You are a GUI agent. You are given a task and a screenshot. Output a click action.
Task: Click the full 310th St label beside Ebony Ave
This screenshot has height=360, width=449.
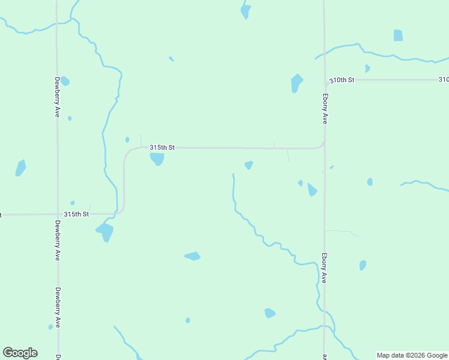[342, 80]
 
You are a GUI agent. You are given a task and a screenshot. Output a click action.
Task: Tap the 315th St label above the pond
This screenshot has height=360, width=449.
[162, 148]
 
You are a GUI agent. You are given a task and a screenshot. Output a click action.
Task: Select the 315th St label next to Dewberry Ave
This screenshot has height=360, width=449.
[76, 214]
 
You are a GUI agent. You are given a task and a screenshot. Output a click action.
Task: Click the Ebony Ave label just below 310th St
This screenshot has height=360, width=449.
[325, 109]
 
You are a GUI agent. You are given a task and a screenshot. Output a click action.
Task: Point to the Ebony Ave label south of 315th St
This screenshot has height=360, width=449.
[324, 267]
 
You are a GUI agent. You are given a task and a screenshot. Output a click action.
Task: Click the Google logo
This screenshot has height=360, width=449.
[20, 353]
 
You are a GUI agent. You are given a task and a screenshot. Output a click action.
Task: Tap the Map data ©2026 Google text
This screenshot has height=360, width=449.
[412, 355]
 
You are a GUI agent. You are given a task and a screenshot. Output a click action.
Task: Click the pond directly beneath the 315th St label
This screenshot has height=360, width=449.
[157, 159]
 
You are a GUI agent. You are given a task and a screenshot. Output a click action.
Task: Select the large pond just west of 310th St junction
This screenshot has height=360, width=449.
[296, 82]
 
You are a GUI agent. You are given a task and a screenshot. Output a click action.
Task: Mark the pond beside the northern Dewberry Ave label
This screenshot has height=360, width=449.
[65, 81]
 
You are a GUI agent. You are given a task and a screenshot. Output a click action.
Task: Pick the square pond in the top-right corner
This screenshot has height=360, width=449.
[398, 35]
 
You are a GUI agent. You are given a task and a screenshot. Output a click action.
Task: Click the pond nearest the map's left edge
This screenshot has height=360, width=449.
[20, 168]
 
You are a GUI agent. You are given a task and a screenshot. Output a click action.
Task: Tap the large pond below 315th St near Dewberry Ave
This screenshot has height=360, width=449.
[105, 231]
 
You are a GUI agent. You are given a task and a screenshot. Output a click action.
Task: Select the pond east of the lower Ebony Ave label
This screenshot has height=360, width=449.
[363, 265]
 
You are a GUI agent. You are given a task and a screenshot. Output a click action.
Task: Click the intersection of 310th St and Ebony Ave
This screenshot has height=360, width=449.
[325, 80]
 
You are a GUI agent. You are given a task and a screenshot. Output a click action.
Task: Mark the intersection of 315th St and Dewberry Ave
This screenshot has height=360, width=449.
[57, 214]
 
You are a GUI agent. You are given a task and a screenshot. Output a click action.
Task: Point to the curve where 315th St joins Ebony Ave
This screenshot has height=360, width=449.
[322, 145]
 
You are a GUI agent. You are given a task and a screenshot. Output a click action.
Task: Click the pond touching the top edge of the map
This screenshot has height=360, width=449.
[245, 11]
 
